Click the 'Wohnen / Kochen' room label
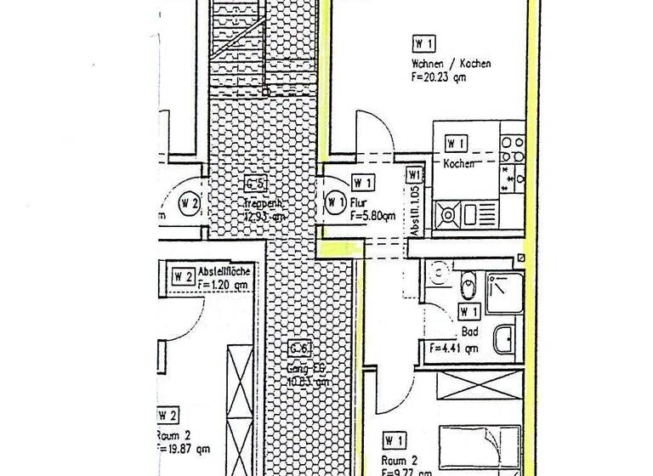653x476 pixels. pos(451,64)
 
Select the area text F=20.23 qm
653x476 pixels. pos(439,77)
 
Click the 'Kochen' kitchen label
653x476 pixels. pos(458,163)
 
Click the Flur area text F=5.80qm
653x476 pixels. pos(372,216)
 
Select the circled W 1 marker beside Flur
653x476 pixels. pos(333,203)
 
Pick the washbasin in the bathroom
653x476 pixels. pos(504,340)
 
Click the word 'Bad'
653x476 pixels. pos(469,332)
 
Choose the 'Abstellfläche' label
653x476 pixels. pos(224,271)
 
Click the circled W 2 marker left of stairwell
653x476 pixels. pos(189,203)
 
